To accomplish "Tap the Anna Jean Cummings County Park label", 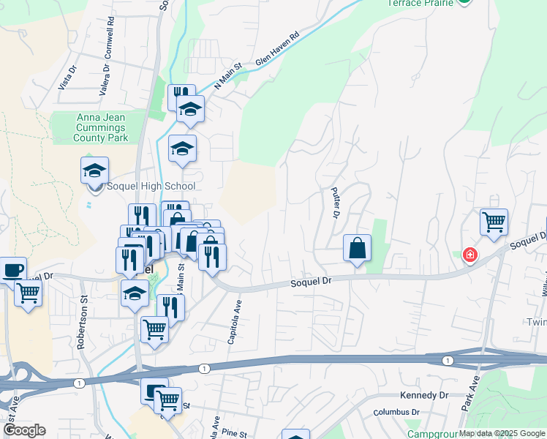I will [x=101, y=127].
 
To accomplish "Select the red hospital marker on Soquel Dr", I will [x=469, y=255].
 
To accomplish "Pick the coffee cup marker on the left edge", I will [x=12, y=269].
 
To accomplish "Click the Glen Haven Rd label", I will [x=278, y=50].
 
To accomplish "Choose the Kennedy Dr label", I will [x=423, y=395].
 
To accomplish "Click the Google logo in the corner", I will [x=24, y=430].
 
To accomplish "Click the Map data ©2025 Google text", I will [x=502, y=433].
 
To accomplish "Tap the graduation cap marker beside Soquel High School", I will [x=94, y=171].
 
